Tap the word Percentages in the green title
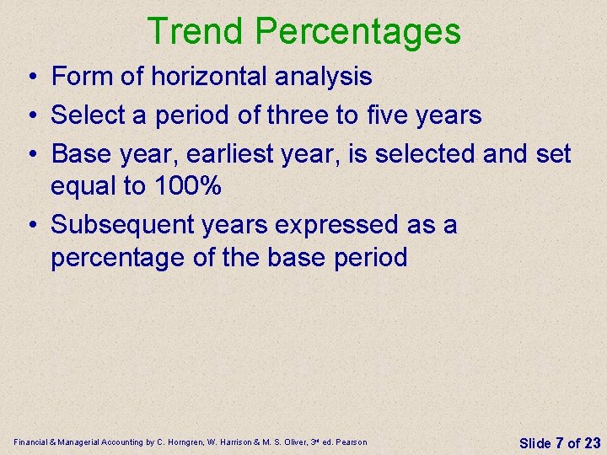point(357,31)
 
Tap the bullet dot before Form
point(30,78)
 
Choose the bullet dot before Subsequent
point(30,226)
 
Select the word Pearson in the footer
point(351,442)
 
